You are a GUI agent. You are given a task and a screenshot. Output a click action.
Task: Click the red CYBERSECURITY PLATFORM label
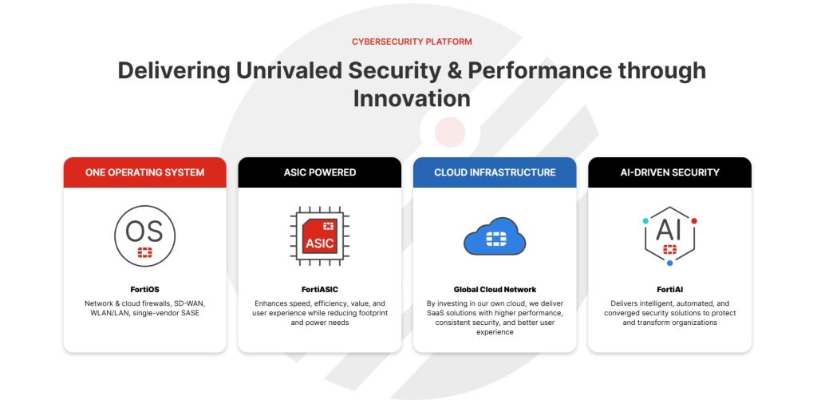[x=412, y=42]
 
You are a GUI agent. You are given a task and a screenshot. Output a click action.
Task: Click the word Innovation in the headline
[x=412, y=98]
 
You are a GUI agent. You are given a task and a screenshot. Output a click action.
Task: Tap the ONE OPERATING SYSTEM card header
[x=145, y=172]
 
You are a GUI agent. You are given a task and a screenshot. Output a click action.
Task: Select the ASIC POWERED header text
[x=320, y=172]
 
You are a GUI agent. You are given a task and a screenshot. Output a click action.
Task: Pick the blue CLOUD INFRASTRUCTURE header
[x=495, y=172]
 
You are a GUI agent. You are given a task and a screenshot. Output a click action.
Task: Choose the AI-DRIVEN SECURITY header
[x=669, y=172]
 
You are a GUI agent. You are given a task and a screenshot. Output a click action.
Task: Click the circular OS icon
[x=145, y=236]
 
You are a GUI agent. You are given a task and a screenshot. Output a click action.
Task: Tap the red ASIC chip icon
[x=320, y=236]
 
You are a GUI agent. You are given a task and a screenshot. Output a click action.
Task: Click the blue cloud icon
[x=495, y=236]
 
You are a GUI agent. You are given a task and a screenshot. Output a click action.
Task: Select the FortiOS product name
[x=145, y=290]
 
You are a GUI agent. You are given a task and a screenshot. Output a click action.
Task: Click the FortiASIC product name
[x=320, y=290]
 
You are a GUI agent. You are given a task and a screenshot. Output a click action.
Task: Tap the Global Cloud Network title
[x=495, y=290]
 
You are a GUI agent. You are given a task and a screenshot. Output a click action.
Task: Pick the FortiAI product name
[x=669, y=290]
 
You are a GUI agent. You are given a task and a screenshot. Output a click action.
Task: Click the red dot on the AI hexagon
[x=694, y=221]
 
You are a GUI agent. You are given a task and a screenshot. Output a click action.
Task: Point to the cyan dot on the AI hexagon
[x=645, y=221]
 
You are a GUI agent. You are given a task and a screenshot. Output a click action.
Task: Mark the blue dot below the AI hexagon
[x=669, y=263]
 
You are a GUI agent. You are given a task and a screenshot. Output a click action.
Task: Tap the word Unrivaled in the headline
[x=289, y=70]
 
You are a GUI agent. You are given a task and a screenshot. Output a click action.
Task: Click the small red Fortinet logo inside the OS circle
[x=145, y=253]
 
